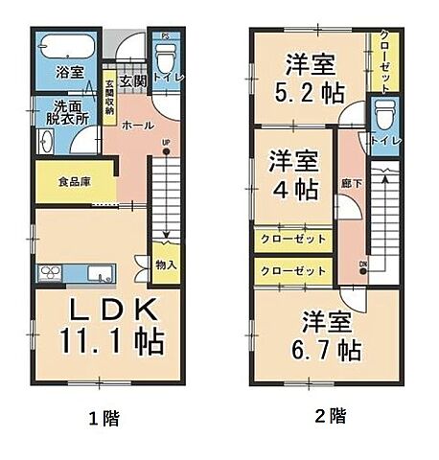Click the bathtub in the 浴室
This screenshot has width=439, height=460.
click(x=65, y=46)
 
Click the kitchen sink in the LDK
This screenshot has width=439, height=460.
click(x=98, y=275)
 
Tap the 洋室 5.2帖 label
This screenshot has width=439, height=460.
click(x=309, y=79)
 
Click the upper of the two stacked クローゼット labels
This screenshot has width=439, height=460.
click(x=293, y=239)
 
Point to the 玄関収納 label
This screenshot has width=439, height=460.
click(x=111, y=97)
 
